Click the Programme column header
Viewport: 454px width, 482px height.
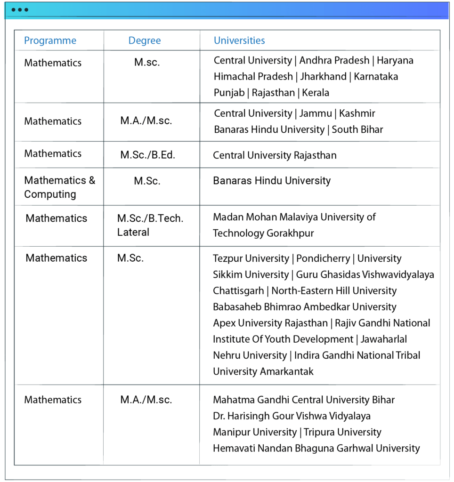click(x=50, y=40)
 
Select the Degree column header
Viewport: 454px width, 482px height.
click(x=145, y=40)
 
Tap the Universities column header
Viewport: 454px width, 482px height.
click(x=239, y=40)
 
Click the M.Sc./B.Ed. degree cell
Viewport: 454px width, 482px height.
click(x=147, y=155)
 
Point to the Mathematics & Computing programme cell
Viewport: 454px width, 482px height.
click(x=59, y=187)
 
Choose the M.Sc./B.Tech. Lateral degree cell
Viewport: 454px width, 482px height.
click(x=150, y=225)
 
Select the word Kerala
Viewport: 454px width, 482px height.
click(x=316, y=92)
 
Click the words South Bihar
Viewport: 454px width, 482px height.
click(x=357, y=129)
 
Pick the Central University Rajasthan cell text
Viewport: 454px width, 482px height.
click(x=275, y=155)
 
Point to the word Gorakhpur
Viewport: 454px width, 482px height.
click(x=290, y=233)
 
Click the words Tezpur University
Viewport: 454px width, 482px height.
click(x=251, y=258)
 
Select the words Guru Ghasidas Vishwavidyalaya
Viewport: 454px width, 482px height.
click(x=365, y=274)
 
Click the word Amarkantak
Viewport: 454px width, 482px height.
click(x=287, y=371)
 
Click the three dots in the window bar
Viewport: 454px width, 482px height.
click(x=20, y=10)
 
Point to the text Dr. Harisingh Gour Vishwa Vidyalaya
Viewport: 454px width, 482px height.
click(x=292, y=416)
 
